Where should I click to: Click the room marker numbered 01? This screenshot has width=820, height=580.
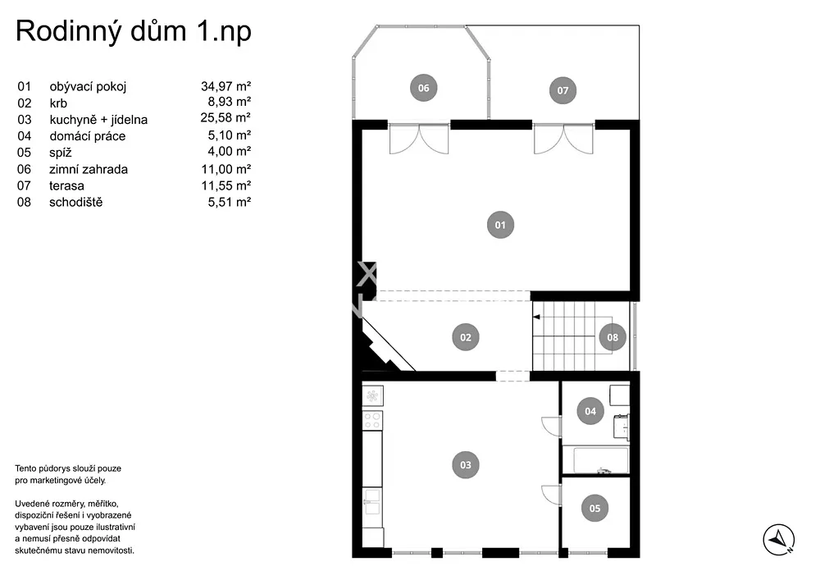500,225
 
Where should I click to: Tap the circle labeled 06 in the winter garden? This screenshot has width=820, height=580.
423,88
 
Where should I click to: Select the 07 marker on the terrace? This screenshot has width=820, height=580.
563,90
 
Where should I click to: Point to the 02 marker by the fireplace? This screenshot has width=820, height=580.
466,337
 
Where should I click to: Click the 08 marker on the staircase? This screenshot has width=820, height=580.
613,337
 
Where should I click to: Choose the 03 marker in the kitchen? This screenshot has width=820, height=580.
466,465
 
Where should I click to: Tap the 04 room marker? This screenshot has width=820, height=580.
590,411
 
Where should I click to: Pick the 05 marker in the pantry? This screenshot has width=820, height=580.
594,509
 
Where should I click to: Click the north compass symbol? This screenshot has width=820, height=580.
779,540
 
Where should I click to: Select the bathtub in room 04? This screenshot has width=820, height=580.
601,460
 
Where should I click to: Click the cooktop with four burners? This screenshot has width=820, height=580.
372,421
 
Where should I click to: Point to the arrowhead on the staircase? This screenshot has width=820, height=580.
536,317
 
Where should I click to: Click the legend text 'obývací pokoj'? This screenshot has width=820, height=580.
88,86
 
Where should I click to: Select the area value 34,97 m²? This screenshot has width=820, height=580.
226,86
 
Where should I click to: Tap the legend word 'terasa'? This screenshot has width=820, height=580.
66,185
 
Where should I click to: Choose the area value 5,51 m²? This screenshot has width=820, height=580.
229,202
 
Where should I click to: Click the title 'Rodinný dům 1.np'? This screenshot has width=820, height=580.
134,31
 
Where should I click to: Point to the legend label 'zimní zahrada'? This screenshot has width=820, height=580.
89,169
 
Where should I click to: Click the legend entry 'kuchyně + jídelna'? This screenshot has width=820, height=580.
98,120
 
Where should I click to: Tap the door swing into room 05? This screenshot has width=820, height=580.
551,494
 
